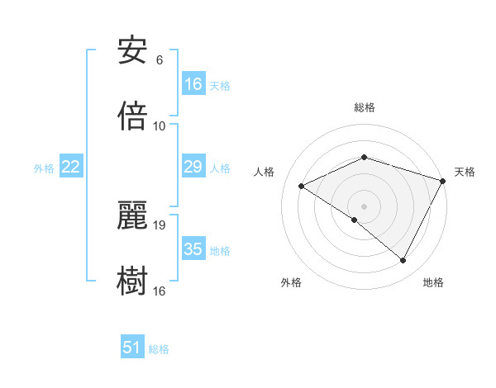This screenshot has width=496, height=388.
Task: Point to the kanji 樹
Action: (131, 281)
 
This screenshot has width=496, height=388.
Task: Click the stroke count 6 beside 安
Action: (160, 60)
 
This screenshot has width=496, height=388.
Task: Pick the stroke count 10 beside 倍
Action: (160, 126)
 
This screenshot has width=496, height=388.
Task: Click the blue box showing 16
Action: (193, 84)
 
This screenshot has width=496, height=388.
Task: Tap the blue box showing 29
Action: (193, 168)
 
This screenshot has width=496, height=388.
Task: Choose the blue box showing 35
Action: (193, 249)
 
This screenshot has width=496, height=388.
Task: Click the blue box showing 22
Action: (71, 168)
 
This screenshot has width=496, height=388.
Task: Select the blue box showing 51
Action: (132, 348)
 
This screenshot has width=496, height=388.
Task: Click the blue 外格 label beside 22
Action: (44, 168)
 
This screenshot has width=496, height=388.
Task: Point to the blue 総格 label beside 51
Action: (159, 349)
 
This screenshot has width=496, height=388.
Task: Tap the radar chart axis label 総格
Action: (365, 107)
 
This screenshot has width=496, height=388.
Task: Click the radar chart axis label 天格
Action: (465, 172)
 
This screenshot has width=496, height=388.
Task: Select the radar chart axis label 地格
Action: (433, 283)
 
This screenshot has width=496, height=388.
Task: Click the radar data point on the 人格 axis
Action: (302, 187)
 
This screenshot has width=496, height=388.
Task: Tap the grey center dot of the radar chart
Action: (365, 206)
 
